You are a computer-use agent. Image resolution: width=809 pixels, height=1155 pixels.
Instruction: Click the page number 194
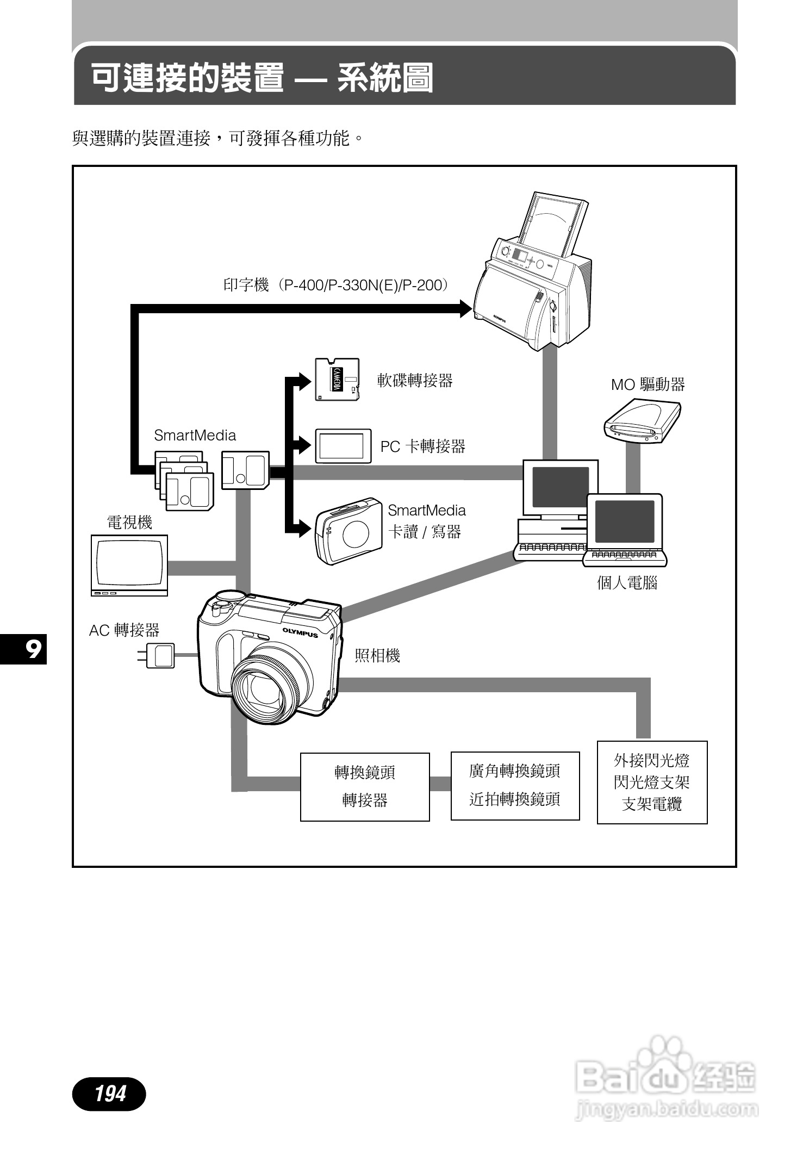(x=109, y=1093)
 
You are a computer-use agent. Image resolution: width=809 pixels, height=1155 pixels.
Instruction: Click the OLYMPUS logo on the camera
(x=300, y=633)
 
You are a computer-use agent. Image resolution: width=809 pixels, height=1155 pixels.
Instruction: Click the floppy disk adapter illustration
(x=337, y=380)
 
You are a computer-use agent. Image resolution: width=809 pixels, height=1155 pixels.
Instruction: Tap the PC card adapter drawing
(x=343, y=446)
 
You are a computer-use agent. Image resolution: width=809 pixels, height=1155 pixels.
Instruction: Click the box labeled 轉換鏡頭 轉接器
(x=365, y=786)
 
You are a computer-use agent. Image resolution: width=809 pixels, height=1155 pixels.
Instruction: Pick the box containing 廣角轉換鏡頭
(x=515, y=785)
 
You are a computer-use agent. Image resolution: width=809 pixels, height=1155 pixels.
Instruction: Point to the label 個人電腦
(x=627, y=583)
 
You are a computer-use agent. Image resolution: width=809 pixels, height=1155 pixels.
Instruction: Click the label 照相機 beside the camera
(x=377, y=656)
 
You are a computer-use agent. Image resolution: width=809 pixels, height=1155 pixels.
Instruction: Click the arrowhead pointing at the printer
(x=465, y=309)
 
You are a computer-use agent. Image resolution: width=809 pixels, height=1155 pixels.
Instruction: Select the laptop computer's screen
(x=625, y=521)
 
